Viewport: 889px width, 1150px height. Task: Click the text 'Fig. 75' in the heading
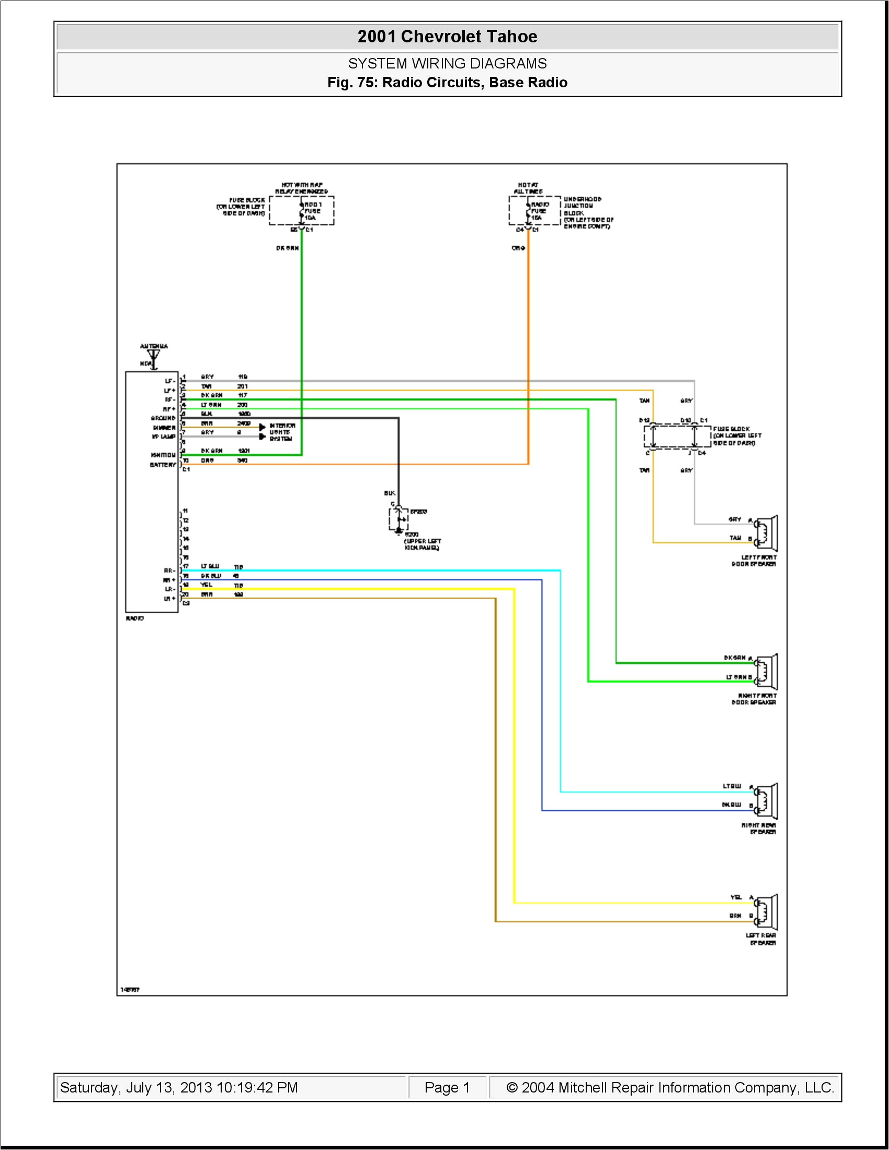(350, 83)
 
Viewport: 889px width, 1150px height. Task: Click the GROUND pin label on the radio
(163, 418)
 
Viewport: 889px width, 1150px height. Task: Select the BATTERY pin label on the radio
(163, 464)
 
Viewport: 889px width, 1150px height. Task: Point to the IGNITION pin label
(163, 454)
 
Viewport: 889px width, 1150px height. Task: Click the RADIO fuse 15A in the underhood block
(528, 211)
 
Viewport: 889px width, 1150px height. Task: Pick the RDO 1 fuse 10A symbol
(302, 211)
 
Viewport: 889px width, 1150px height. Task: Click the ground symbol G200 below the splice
(399, 528)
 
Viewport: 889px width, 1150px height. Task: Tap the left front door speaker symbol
(767, 533)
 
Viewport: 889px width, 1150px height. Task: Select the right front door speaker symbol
(767, 672)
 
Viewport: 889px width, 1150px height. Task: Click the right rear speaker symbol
(767, 801)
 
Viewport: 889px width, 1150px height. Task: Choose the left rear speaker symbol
(767, 912)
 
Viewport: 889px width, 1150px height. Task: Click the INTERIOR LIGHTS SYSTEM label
(282, 432)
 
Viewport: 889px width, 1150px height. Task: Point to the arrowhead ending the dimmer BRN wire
(263, 427)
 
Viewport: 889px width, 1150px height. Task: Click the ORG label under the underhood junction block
(518, 248)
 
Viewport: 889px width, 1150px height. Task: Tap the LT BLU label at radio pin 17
(210, 566)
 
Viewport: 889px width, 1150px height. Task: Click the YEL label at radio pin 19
(206, 584)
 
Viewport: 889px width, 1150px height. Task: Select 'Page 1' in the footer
(447, 1087)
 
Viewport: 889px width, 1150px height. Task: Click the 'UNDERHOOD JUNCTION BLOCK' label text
(582, 206)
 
